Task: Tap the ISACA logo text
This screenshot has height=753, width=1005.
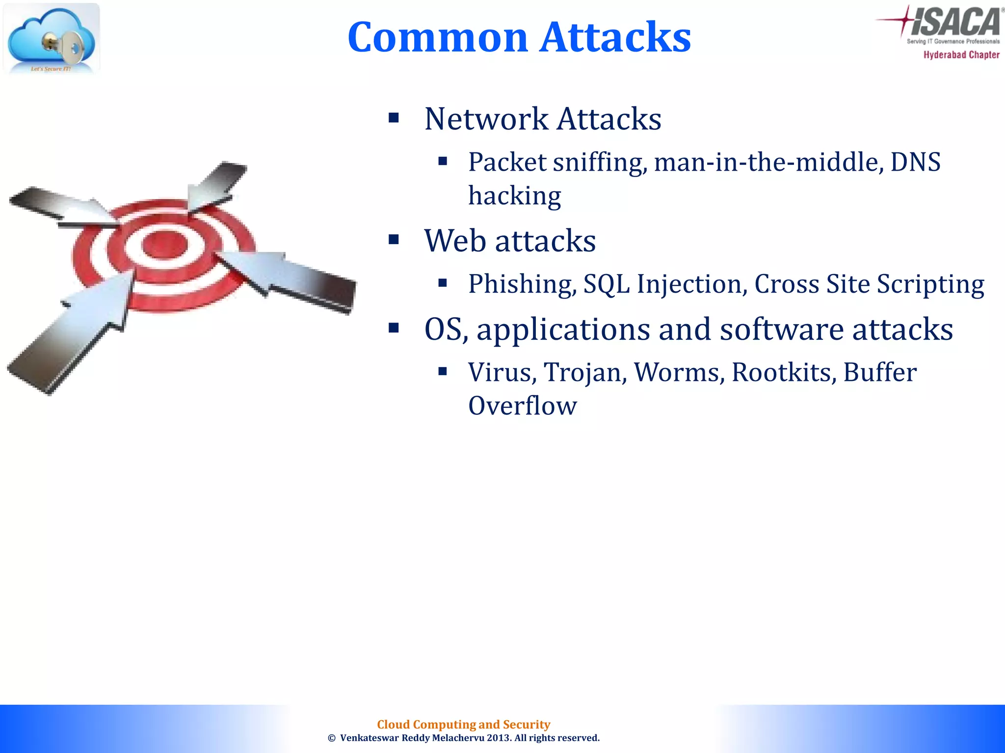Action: [x=955, y=22]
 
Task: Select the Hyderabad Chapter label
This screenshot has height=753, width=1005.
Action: [x=961, y=55]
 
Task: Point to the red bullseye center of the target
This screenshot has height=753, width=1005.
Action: [x=164, y=244]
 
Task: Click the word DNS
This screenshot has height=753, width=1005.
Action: [x=915, y=162]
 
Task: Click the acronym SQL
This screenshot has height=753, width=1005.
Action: [x=607, y=284]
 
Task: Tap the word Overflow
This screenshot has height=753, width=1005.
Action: [x=522, y=406]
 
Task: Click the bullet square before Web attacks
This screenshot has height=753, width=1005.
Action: [x=394, y=240]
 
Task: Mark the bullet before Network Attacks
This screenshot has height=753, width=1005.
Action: [x=394, y=118]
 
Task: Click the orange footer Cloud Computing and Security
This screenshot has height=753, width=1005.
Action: [x=463, y=724]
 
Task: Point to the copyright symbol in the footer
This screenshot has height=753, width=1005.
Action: [x=332, y=738]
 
